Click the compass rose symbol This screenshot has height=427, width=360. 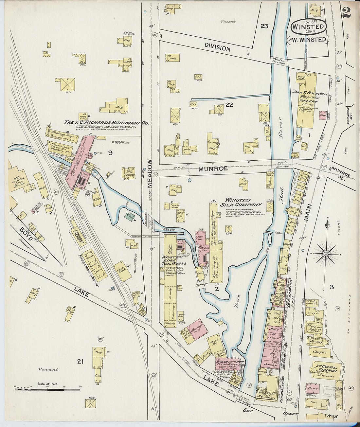[326, 254]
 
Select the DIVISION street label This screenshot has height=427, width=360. [217, 48]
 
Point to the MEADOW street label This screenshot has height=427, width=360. [150, 173]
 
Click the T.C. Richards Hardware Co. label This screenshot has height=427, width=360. [106, 123]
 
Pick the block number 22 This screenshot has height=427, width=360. [229, 105]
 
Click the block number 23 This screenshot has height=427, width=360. [264, 26]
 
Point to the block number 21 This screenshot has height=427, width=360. [80, 361]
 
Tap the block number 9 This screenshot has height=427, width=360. [110, 152]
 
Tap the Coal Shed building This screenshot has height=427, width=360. [122, 271]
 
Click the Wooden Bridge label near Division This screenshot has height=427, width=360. [279, 61]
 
